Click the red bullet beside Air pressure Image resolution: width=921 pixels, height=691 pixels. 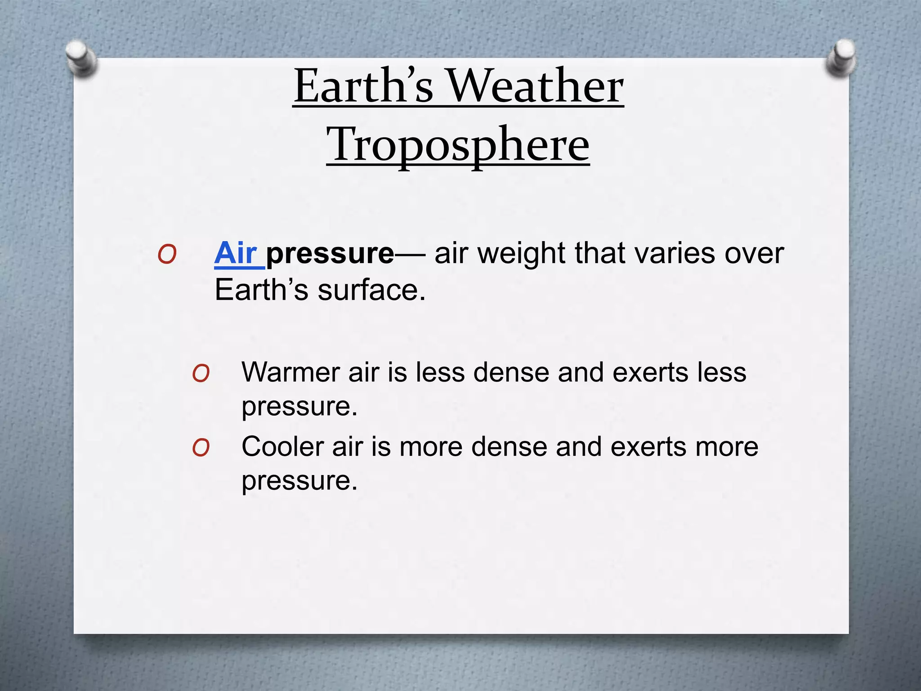[167, 255]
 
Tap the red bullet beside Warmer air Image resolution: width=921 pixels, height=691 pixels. [201, 374]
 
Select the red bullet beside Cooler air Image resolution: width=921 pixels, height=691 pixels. [201, 448]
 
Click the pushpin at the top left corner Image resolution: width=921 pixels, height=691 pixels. [81, 58]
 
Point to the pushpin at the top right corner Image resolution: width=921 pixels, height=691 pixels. [841, 58]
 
